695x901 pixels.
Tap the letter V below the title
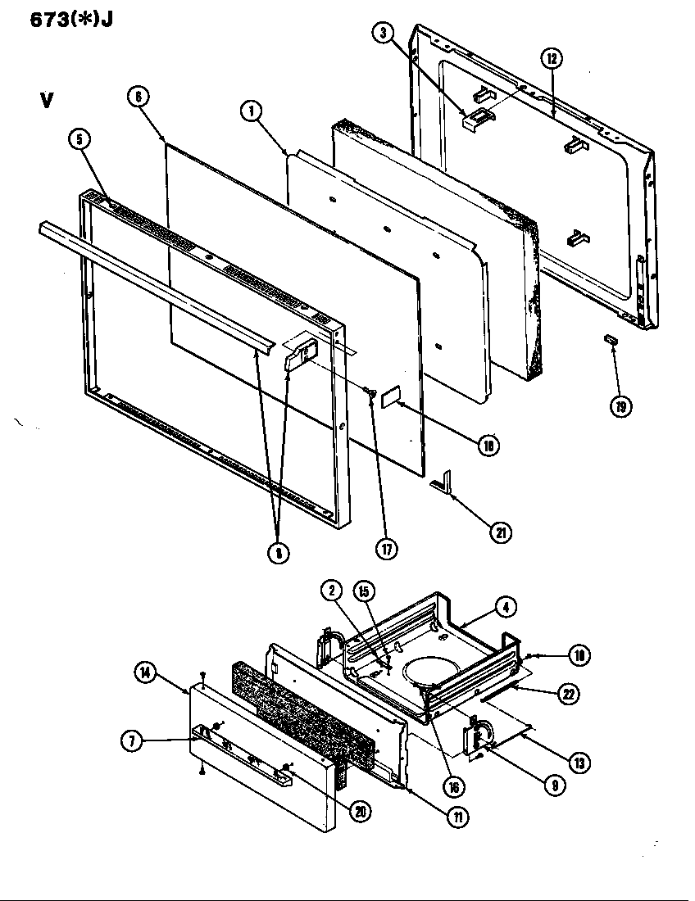(x=47, y=101)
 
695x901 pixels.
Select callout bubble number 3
(x=382, y=34)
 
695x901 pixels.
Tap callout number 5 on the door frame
(x=79, y=139)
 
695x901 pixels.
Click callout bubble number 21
(x=500, y=532)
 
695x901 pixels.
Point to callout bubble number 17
(x=386, y=549)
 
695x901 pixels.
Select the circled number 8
(x=278, y=553)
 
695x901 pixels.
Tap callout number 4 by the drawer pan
(x=506, y=608)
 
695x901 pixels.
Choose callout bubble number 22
(x=566, y=693)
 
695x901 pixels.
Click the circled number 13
(x=579, y=763)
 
